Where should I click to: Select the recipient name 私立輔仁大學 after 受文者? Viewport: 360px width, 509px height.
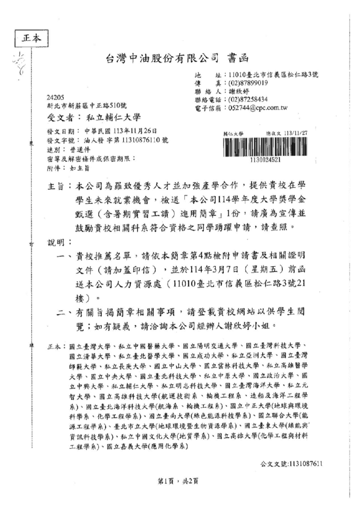pyautogui.click(x=114, y=118)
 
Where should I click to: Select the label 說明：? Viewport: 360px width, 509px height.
pyautogui.click(x=59, y=243)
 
